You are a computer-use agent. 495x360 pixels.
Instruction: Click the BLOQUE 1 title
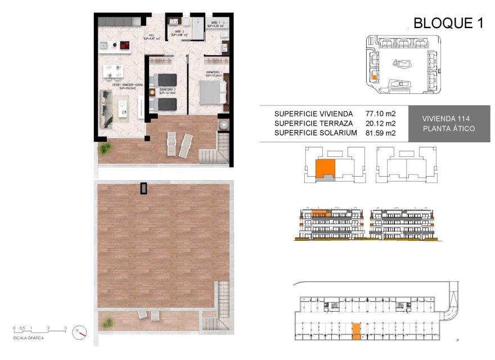[x=448, y=23]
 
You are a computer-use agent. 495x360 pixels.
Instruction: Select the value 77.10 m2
[x=381, y=114]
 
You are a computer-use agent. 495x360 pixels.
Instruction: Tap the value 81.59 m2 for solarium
[x=381, y=133]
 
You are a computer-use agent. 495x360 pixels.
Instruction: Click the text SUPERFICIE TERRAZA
[x=313, y=123]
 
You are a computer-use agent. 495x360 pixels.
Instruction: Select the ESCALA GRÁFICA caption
[x=28, y=338]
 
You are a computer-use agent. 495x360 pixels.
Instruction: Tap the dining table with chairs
[x=113, y=71]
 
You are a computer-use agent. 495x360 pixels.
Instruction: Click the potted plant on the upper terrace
[x=105, y=148]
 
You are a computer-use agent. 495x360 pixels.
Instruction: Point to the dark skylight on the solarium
[x=145, y=188]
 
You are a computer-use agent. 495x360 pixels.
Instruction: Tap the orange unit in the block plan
[x=325, y=168]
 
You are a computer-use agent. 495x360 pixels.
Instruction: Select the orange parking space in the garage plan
[x=356, y=331]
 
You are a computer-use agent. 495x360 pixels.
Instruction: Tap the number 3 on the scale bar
[x=65, y=327]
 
